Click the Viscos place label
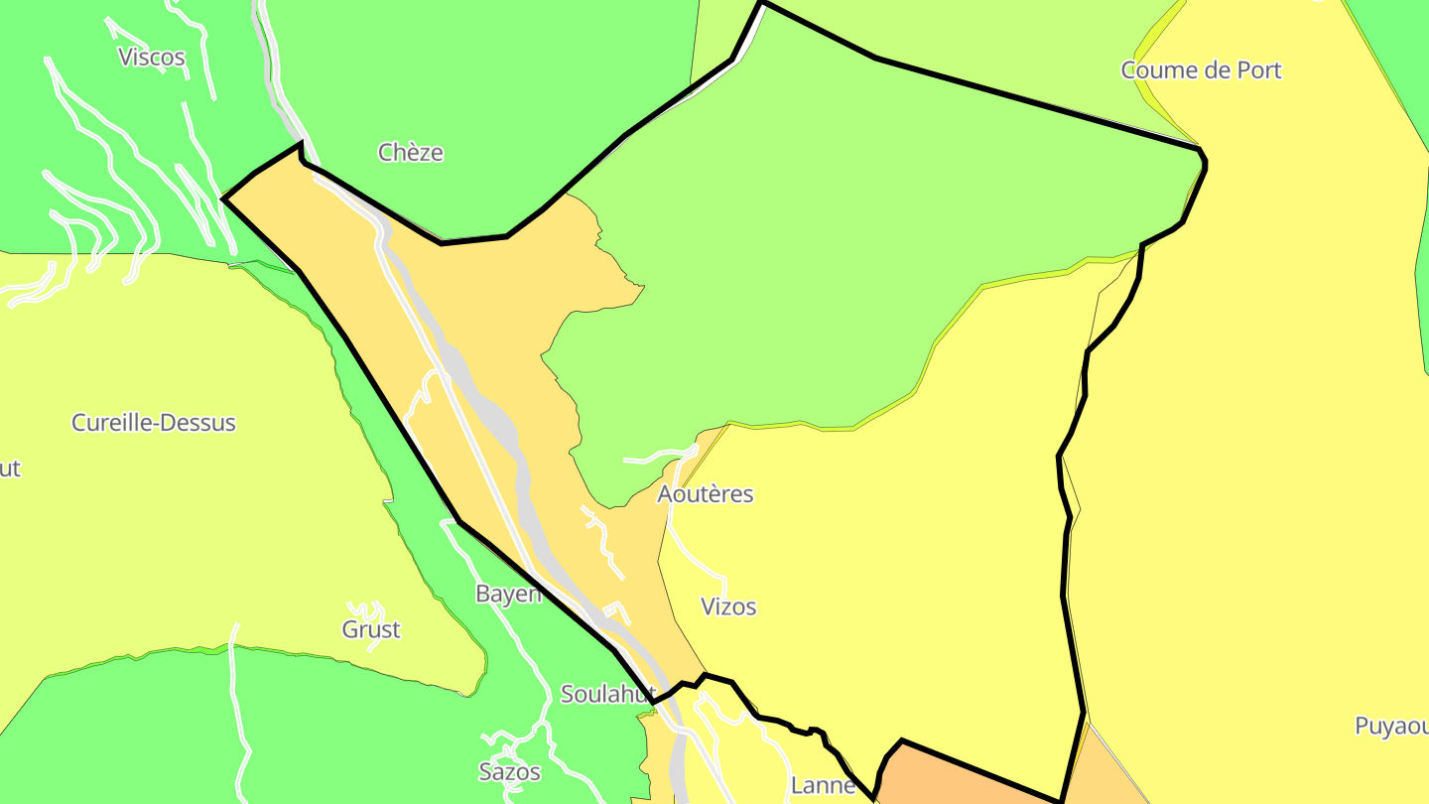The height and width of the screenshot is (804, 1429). pyautogui.click(x=152, y=57)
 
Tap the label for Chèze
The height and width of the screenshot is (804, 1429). pyautogui.click(x=410, y=152)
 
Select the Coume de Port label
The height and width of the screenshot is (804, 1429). pyautogui.click(x=1201, y=69)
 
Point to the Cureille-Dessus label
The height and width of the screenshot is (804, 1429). pyautogui.click(x=154, y=422)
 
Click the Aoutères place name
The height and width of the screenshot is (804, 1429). pyautogui.click(x=706, y=493)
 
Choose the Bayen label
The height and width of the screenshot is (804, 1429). pyautogui.click(x=508, y=594)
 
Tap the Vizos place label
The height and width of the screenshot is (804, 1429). pyautogui.click(x=728, y=606)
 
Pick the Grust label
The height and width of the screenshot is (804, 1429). pyautogui.click(x=371, y=629)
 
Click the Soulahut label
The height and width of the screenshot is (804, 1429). pyautogui.click(x=607, y=694)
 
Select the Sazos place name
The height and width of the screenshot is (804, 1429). pyautogui.click(x=509, y=771)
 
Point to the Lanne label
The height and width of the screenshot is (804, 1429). pyautogui.click(x=823, y=786)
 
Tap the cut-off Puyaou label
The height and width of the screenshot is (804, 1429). pyautogui.click(x=1391, y=726)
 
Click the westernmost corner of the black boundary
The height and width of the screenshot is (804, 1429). pyautogui.click(x=224, y=199)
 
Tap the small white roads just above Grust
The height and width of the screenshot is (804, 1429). pyautogui.click(x=365, y=607)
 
